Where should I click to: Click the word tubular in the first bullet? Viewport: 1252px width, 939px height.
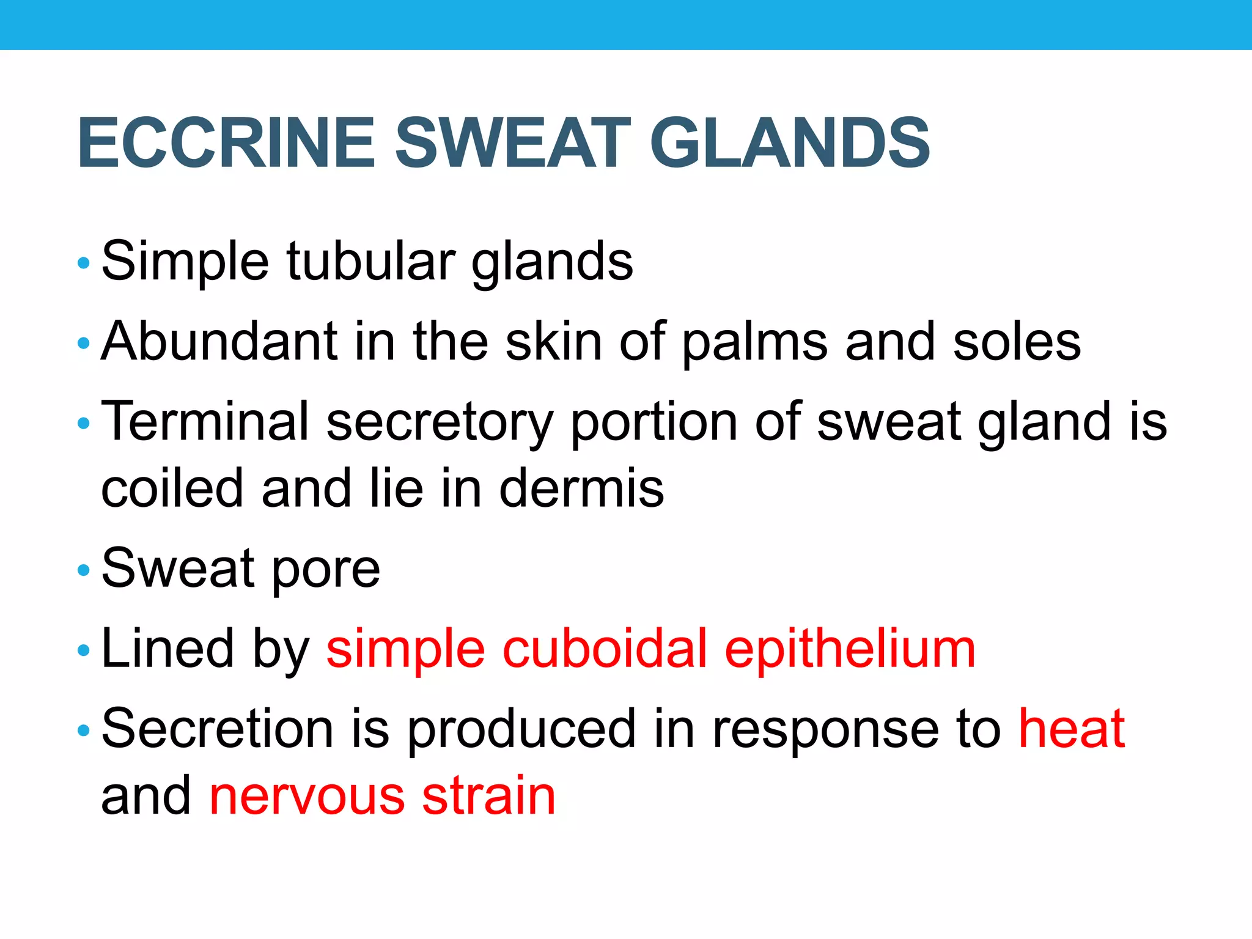coord(370,262)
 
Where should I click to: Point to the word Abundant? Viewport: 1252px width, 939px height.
coord(219,342)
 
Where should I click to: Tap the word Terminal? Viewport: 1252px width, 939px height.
coord(205,421)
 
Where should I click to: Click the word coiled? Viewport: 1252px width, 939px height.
coord(172,488)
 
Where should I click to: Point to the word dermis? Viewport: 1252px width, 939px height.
coord(581,488)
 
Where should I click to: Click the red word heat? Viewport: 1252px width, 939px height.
coord(1072,729)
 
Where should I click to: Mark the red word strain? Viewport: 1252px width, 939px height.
coord(488,796)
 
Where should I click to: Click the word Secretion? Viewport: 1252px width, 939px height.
coord(217,729)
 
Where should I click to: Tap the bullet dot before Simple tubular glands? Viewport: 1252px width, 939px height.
coord(84,263)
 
